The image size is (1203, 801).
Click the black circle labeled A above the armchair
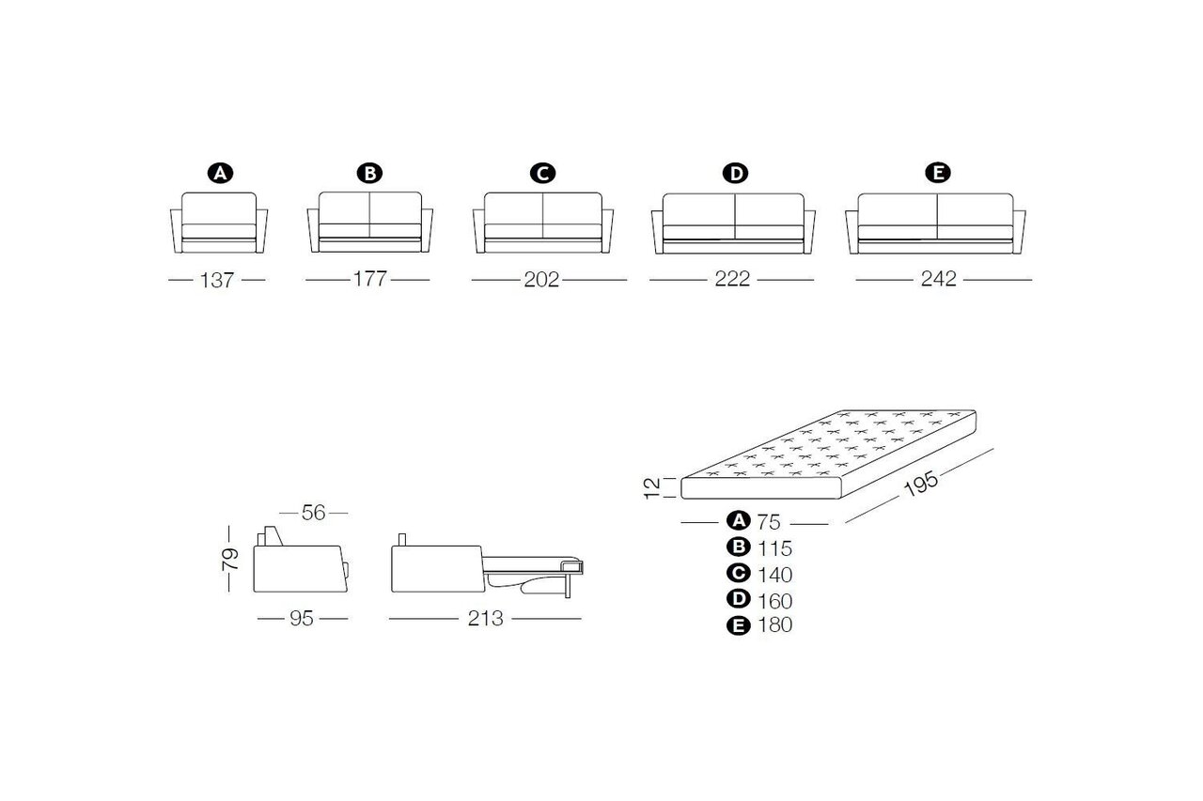tap(220, 174)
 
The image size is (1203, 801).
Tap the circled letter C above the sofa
tap(542, 174)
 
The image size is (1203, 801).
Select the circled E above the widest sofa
tap(938, 173)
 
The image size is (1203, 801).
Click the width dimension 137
tap(217, 280)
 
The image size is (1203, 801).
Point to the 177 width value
tap(369, 279)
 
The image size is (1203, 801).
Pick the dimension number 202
tap(541, 280)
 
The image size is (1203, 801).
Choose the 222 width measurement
tap(732, 279)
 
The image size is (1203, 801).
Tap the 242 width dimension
tap(938, 279)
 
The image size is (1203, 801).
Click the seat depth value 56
tap(313, 513)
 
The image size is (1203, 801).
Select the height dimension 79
tap(230, 559)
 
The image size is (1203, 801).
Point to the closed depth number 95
tap(302, 619)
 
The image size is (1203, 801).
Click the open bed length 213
tap(486, 619)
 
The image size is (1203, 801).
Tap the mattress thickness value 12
tap(651, 488)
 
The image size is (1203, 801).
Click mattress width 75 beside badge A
tap(769, 522)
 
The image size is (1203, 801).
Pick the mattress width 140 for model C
tap(775, 575)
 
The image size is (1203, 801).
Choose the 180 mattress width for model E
tap(775, 625)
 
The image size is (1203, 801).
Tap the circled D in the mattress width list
tap(739, 599)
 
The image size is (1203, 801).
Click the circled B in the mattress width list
tap(739, 547)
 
